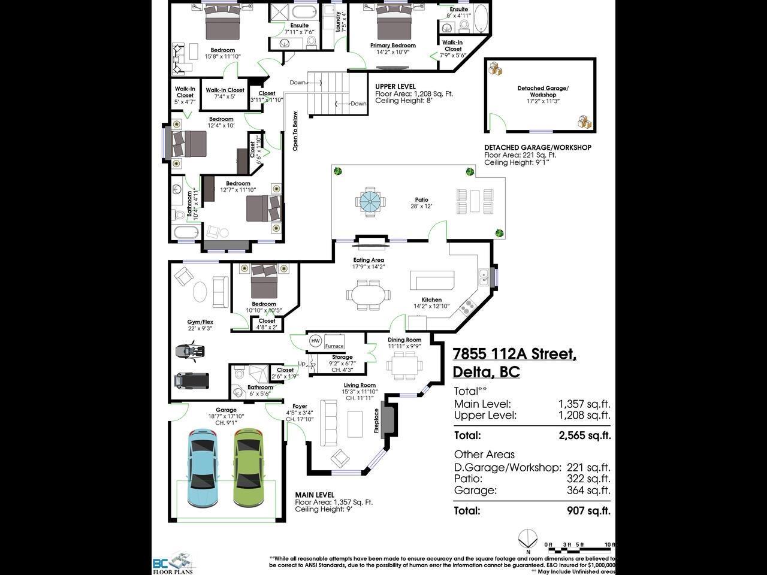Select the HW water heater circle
point(315,341)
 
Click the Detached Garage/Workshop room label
point(543,92)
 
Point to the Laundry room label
point(339,22)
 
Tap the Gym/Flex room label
point(200,322)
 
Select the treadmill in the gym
point(192,380)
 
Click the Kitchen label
point(431,299)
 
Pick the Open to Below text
point(295,131)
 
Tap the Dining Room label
point(404,340)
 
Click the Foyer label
point(300,407)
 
